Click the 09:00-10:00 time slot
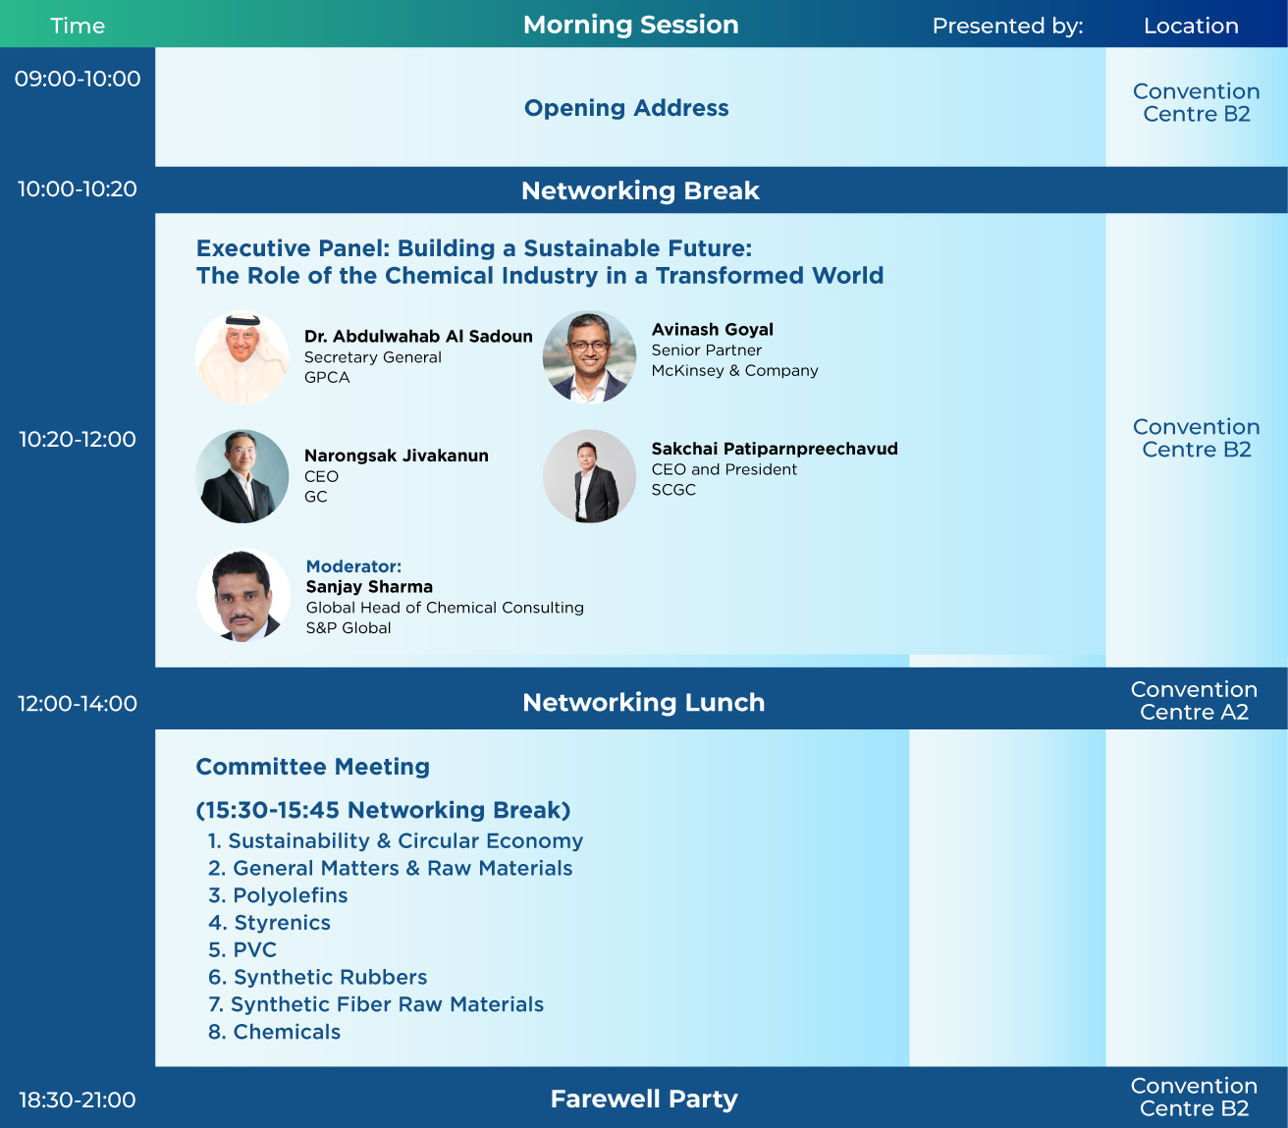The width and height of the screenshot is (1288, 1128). tap(78, 80)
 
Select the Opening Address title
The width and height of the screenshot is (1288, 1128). tap(626, 108)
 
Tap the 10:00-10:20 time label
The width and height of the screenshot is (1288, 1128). tap(78, 189)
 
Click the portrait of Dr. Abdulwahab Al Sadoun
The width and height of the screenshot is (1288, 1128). tap(242, 357)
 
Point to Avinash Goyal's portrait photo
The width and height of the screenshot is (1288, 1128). tap(589, 357)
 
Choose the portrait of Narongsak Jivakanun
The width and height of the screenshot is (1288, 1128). tap(242, 476)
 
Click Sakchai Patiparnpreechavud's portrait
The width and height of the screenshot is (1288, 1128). tap(589, 476)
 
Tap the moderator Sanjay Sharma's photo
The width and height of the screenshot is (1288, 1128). tap(243, 595)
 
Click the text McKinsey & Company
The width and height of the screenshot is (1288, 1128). tap(734, 371)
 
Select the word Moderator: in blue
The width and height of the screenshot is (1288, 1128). tap(353, 566)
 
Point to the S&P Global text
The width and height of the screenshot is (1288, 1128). tap(349, 628)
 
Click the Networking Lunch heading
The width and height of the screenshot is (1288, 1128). tap(643, 703)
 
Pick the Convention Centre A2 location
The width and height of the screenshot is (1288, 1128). tap(1194, 701)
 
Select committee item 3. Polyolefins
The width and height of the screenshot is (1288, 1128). tap(278, 895)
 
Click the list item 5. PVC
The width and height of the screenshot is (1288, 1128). tap(242, 950)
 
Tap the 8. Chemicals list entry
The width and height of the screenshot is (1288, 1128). tap(275, 1032)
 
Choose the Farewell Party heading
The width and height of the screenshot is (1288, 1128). tap(643, 1100)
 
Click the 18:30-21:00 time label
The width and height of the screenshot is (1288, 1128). tap(78, 1101)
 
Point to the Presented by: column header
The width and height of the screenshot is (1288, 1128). tap(1007, 26)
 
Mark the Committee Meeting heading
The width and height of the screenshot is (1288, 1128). tap(313, 767)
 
